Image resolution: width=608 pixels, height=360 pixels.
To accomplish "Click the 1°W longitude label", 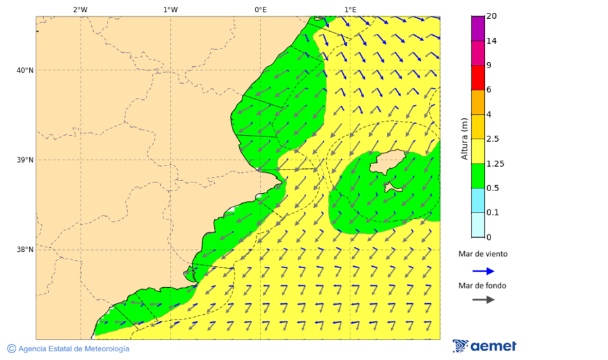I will click(x=170, y=9).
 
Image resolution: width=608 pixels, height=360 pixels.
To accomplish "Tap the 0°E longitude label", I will click(x=260, y=9).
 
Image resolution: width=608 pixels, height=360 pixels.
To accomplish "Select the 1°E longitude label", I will click(x=350, y=9).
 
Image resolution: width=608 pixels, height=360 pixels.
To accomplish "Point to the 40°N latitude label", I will click(x=24, y=70).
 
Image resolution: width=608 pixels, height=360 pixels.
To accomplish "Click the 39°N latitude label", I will click(x=24, y=160).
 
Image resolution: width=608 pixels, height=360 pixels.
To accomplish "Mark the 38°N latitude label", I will click(x=24, y=250).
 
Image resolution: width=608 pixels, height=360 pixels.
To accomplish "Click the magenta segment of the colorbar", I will click(x=478, y=28).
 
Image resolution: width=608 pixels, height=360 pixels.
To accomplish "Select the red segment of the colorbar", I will click(x=478, y=77).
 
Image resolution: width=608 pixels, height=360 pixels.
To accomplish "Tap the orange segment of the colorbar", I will click(x=478, y=102).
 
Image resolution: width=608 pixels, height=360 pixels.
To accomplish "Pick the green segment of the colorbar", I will click(x=478, y=176).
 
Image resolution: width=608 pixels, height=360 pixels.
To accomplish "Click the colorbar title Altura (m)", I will click(x=464, y=138).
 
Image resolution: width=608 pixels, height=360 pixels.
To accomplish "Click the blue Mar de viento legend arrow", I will click(x=483, y=271).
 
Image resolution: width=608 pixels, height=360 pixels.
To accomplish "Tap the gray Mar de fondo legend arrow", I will click(x=483, y=299).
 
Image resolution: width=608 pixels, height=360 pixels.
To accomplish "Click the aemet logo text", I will click(x=493, y=346).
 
